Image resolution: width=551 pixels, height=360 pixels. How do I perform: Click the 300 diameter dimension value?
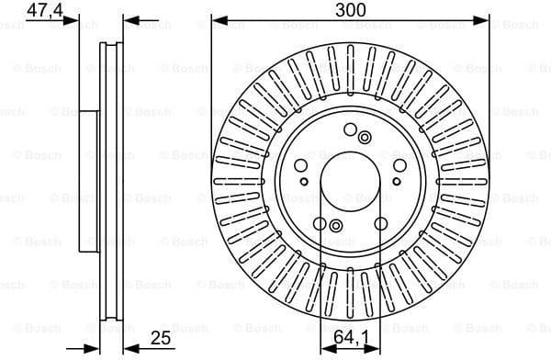350,10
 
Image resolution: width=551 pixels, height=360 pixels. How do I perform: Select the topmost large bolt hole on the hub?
349,129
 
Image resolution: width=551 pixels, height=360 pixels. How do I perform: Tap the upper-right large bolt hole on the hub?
399,166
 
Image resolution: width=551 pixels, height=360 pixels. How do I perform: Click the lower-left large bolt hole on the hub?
319,223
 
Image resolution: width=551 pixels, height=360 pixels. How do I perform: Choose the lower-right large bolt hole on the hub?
380,223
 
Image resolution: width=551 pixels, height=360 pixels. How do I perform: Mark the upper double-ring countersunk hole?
365,138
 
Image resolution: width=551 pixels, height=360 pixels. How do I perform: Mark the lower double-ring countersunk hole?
334,226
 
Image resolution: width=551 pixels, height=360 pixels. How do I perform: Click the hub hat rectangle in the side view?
89,181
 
